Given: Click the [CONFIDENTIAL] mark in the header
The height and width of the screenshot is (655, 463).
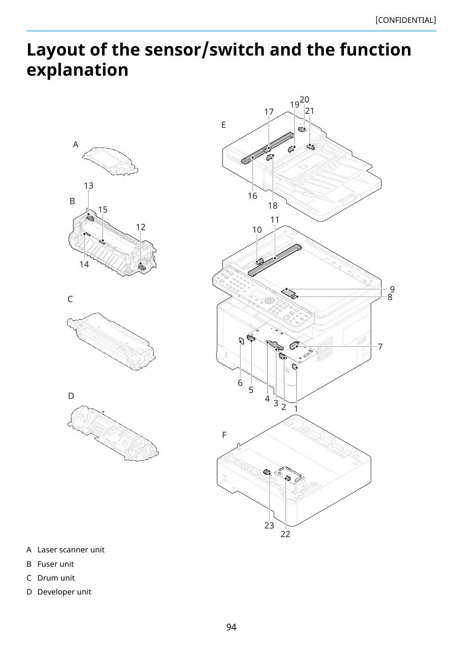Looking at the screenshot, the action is pyautogui.click(x=405, y=20).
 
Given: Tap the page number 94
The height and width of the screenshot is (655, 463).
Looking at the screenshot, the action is pyautogui.click(x=231, y=627).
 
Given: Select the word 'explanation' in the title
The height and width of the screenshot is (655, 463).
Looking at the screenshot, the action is pyautogui.click(x=77, y=70).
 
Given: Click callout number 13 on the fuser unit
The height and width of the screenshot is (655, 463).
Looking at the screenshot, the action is pyautogui.click(x=89, y=185).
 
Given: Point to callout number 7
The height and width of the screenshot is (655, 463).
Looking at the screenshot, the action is pyautogui.click(x=380, y=347).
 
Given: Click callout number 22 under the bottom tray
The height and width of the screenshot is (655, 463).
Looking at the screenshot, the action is pyautogui.click(x=285, y=534).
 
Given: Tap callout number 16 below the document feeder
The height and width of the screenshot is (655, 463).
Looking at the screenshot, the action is pyautogui.click(x=253, y=196).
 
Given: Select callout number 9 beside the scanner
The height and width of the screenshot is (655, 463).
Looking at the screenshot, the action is pyautogui.click(x=392, y=289).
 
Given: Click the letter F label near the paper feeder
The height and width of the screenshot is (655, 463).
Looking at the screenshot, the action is pyautogui.click(x=224, y=435).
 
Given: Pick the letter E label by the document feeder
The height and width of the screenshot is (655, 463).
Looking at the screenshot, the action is pyautogui.click(x=223, y=125).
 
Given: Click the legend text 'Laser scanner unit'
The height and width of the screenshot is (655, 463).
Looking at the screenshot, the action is pyautogui.click(x=71, y=550).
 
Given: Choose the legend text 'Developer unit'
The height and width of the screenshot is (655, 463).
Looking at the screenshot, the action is pyautogui.click(x=64, y=592).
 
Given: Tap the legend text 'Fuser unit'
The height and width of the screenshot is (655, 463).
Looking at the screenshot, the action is pyautogui.click(x=56, y=564).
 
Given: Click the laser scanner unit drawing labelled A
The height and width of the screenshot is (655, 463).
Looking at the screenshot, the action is pyautogui.click(x=110, y=161).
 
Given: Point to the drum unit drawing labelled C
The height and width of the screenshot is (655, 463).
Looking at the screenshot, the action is pyautogui.click(x=111, y=341).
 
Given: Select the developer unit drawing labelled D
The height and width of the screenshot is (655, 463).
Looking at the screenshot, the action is pyautogui.click(x=113, y=434).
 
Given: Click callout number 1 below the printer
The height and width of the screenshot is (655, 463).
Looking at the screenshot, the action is pyautogui.click(x=296, y=409).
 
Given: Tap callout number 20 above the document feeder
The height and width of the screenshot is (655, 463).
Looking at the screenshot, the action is pyautogui.click(x=304, y=100).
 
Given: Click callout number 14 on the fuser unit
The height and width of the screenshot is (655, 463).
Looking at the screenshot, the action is pyautogui.click(x=84, y=264).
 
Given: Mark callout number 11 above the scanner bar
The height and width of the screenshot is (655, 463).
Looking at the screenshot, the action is pyautogui.click(x=275, y=220).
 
